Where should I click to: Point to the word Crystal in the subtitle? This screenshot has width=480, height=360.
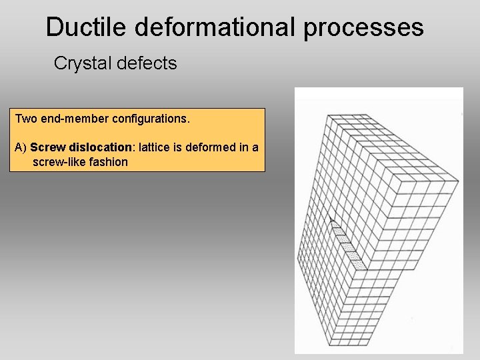(x=78, y=63)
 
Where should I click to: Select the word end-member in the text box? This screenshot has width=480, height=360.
(x=72, y=119)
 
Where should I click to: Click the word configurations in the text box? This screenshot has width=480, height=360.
(x=148, y=119)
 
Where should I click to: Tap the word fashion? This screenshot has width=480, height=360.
(x=109, y=161)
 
